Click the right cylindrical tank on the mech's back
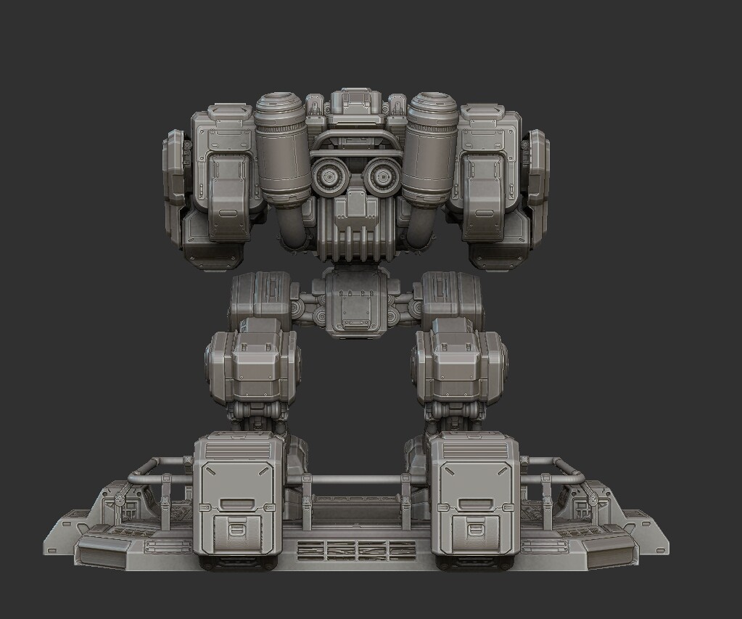point(432,149)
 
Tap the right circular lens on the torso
point(382,176)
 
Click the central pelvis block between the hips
point(355,301)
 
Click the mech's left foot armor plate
point(238,501)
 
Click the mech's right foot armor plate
point(475,501)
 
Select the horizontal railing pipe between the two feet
point(356,480)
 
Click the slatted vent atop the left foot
point(237,451)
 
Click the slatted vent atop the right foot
point(475,451)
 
